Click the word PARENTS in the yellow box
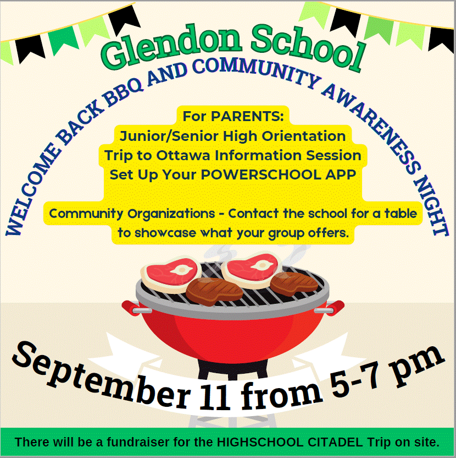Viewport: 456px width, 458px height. click(x=247, y=116)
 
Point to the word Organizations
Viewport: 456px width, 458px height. click(x=171, y=214)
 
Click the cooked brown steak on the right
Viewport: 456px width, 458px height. click(x=293, y=283)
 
